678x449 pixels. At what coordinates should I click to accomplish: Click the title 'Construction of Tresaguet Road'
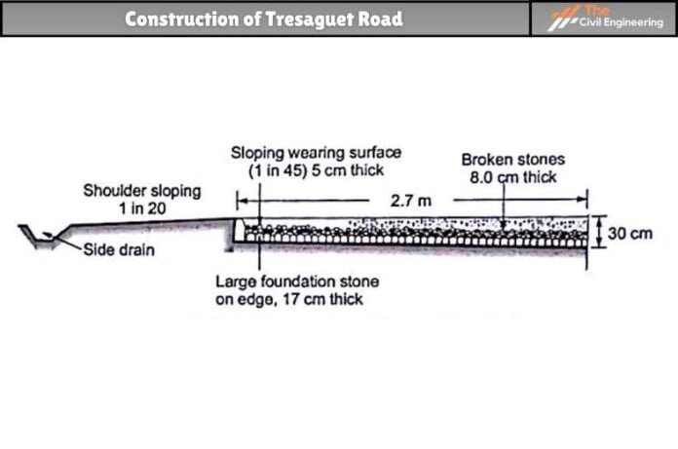[x=263, y=19]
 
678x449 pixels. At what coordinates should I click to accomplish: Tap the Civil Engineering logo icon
[x=564, y=19]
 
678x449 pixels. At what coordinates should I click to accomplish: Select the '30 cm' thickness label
[x=629, y=234]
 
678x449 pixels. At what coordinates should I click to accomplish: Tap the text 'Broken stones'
[x=512, y=160]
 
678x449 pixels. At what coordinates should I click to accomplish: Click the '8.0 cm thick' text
[x=512, y=177]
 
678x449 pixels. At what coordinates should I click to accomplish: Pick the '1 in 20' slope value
[x=141, y=206]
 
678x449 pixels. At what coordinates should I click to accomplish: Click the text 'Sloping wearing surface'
[x=316, y=152]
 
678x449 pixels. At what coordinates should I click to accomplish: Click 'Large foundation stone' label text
[x=296, y=282]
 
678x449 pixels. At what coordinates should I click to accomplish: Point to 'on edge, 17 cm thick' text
[x=288, y=299]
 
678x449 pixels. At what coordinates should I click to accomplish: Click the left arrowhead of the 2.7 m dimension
[x=242, y=202]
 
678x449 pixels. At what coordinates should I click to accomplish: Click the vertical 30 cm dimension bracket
[x=598, y=233]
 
